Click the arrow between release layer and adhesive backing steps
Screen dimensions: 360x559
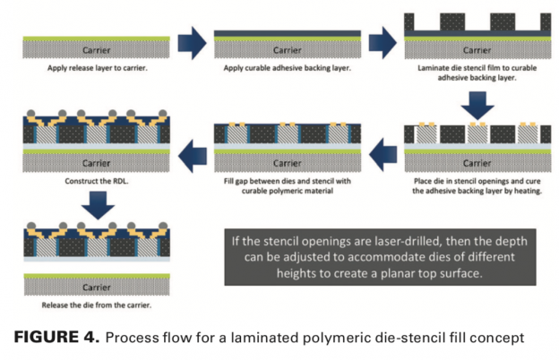tap(193, 44)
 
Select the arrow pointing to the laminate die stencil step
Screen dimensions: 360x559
tap(383, 44)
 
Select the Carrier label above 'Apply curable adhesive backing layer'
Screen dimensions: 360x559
tap(288, 50)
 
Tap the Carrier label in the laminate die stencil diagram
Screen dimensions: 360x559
tap(475, 50)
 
